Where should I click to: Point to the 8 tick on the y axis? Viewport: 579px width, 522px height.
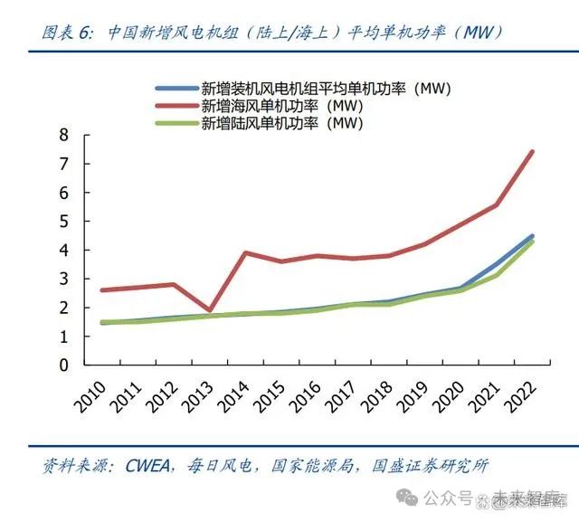(x=63, y=135)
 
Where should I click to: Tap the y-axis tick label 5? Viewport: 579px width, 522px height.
(x=63, y=222)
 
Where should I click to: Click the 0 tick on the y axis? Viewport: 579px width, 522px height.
(x=63, y=365)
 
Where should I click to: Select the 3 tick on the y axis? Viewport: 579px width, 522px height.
(x=63, y=279)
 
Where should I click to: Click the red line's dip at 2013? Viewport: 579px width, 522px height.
(x=209, y=310)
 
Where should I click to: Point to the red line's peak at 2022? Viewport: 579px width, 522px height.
(x=532, y=151)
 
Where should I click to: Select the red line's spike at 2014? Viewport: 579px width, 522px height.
(x=245, y=252)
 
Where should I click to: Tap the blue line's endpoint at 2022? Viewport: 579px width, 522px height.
(x=532, y=235)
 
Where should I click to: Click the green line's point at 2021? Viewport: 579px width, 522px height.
(x=496, y=275)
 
